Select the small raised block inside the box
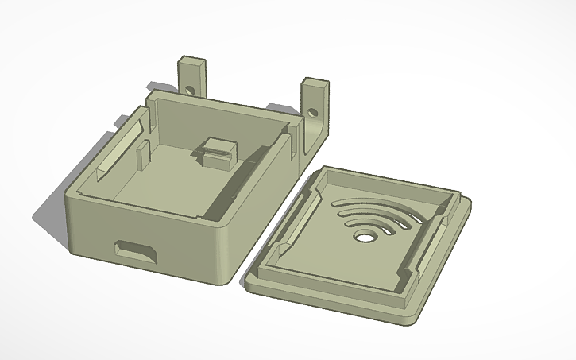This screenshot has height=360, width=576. (217, 150)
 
